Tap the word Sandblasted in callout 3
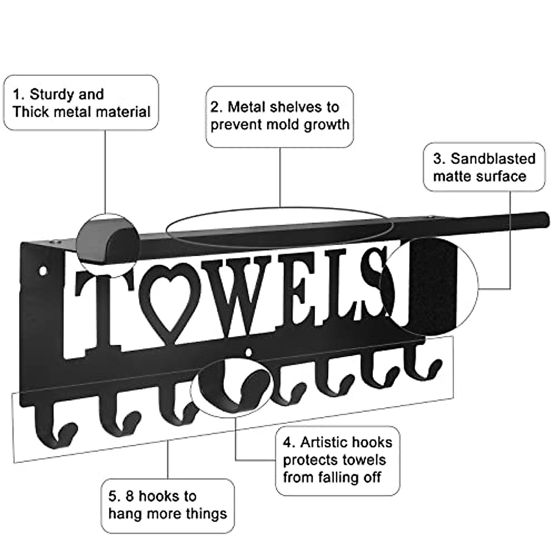click(x=493, y=159)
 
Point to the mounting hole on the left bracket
click(x=44, y=269)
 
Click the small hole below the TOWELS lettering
click(x=251, y=353)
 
